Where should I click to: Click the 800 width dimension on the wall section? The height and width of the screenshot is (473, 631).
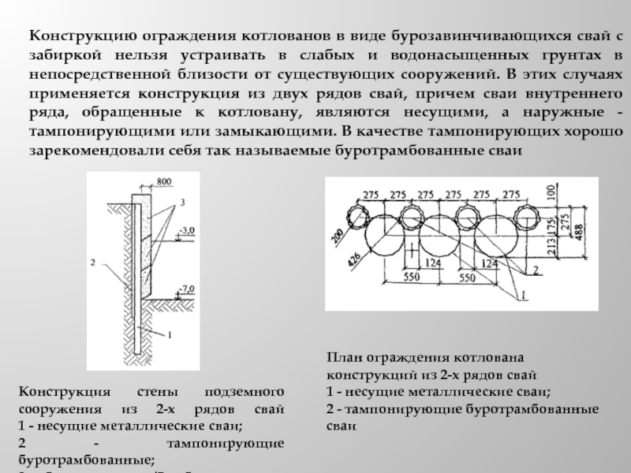(162, 182)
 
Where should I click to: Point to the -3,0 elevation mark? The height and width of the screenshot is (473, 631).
(186, 231)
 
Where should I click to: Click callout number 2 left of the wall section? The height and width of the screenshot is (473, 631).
(93, 260)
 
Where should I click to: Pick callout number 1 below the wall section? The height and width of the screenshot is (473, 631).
(167, 334)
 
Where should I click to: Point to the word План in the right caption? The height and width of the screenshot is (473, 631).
(344, 357)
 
